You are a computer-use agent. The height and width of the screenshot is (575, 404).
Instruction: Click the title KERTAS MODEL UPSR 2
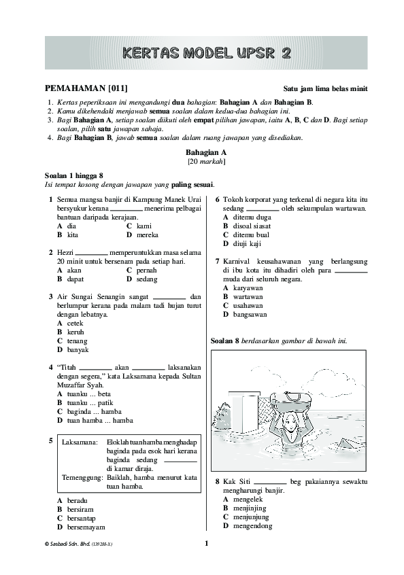pos(202,53)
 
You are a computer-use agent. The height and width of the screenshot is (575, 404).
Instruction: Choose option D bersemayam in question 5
pos(81,527)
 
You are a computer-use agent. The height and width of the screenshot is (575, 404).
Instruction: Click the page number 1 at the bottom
pos(206,543)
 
